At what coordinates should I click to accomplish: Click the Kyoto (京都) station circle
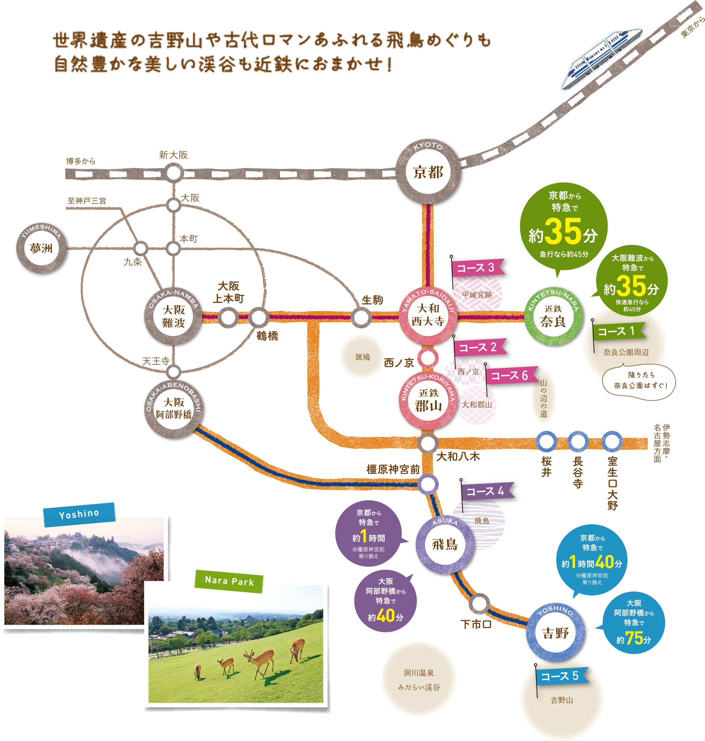coord(428,172)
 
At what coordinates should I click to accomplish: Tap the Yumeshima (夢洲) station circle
coord(41,249)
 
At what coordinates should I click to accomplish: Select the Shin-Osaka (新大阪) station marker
coord(174,173)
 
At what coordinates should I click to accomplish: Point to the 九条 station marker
coord(141,248)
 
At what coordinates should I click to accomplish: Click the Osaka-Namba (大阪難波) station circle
coord(174,316)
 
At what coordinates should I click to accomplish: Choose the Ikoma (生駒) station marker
coord(361,317)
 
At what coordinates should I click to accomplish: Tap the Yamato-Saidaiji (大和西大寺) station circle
coord(428,316)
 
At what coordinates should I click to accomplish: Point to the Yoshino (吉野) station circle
coord(555,633)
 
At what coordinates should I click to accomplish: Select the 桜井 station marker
coord(546,442)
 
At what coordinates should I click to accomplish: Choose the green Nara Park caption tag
coord(229,581)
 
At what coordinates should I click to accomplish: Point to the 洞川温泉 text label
coord(419,673)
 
